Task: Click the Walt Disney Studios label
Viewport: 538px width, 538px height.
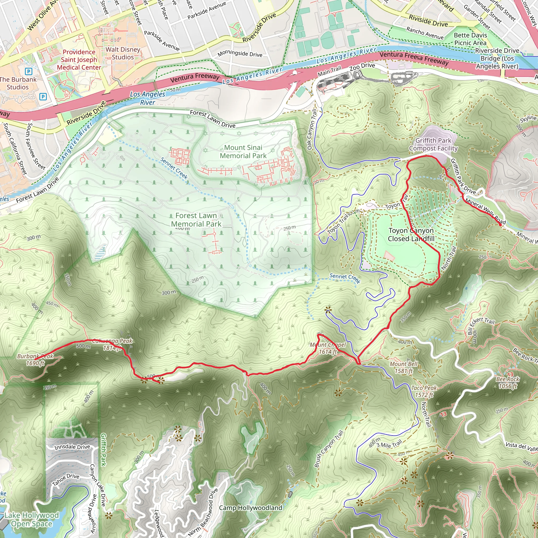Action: pyautogui.click(x=123, y=53)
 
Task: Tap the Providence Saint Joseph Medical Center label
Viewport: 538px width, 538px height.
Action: pyautogui.click(x=79, y=60)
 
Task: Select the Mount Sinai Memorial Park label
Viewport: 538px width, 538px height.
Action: pyautogui.click(x=243, y=152)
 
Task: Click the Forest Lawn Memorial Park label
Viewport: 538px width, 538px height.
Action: pyautogui.click(x=196, y=220)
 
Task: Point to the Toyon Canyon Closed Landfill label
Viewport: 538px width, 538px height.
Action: pyautogui.click(x=411, y=235)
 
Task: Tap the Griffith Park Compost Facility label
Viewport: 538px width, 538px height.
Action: pyautogui.click(x=433, y=144)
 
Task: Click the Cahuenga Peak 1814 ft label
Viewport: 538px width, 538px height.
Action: pyautogui.click(x=112, y=344)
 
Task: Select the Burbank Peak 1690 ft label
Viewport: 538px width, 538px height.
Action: pyautogui.click(x=35, y=360)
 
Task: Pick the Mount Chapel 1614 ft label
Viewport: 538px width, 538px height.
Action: pyautogui.click(x=328, y=348)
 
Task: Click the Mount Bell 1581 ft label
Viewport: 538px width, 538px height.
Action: pyautogui.click(x=403, y=367)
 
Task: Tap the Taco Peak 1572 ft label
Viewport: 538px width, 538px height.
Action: pyautogui.click(x=424, y=391)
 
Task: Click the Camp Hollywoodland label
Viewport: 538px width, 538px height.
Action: pyautogui.click(x=251, y=508)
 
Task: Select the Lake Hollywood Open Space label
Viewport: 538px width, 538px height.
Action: pyautogui.click(x=32, y=519)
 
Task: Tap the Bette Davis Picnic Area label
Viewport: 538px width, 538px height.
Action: pyautogui.click(x=470, y=39)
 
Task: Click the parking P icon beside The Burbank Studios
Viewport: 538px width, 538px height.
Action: pyautogui.click(x=29, y=71)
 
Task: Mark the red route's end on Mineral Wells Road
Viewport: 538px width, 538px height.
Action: pyautogui.click(x=500, y=224)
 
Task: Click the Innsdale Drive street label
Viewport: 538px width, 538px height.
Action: pyautogui.click(x=72, y=447)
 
